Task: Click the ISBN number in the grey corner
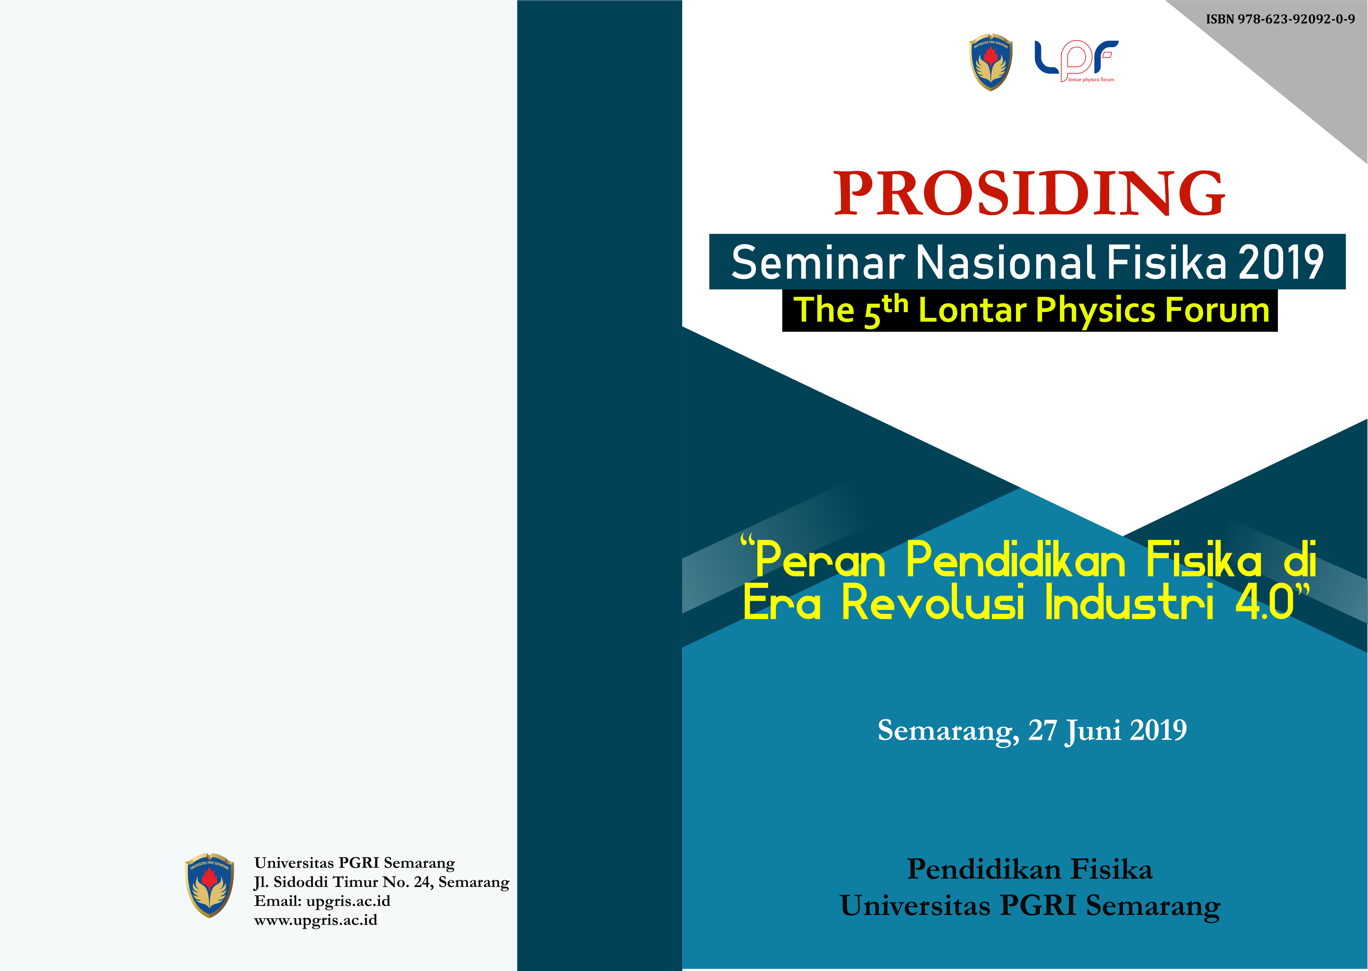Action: pos(1280,19)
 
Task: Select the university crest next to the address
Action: pos(209,885)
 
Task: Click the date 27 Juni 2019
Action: pos(1107,731)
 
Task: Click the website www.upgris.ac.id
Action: pos(316,920)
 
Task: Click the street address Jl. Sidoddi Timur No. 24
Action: pos(344,882)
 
